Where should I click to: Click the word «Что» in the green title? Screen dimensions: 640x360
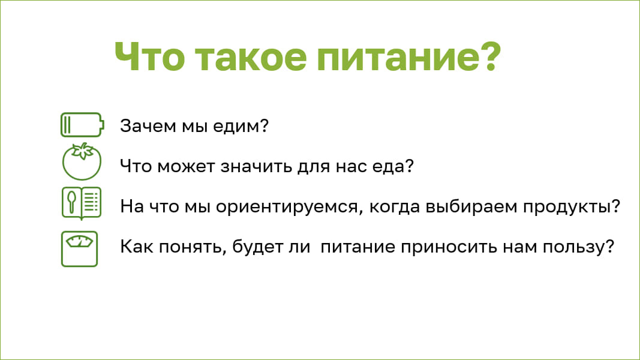pyautogui.click(x=150, y=56)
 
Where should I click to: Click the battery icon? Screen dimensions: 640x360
pyautogui.click(x=82, y=125)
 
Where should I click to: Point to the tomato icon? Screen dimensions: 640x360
pyautogui.click(x=82, y=162)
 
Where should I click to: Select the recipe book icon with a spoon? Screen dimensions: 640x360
pyautogui.click(x=82, y=203)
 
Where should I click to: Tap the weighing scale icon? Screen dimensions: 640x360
pyautogui.click(x=80, y=249)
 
